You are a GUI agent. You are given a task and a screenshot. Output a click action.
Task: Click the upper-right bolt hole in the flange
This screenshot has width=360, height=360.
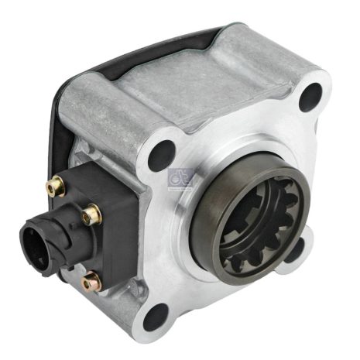point(310,95)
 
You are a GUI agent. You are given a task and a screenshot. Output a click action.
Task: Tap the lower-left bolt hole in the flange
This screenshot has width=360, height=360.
point(158,316)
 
